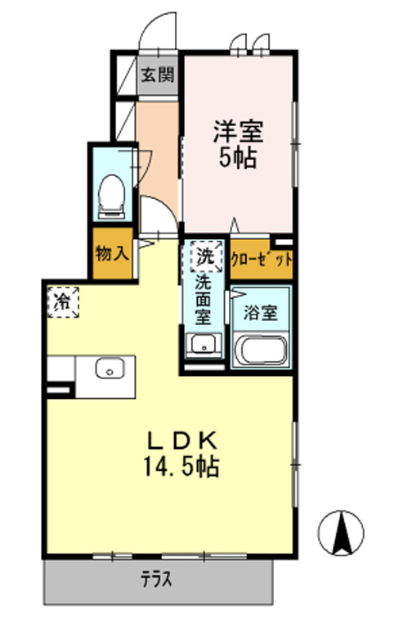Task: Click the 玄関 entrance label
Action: pos(157,76)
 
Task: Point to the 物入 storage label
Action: pos(112,253)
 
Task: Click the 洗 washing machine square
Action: pos(205,256)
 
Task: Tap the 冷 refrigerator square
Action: pos(62,301)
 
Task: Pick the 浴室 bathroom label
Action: pos(261,312)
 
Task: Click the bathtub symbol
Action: pos(261,352)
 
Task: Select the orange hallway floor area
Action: pos(157,147)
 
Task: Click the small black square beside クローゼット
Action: pos(282,242)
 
